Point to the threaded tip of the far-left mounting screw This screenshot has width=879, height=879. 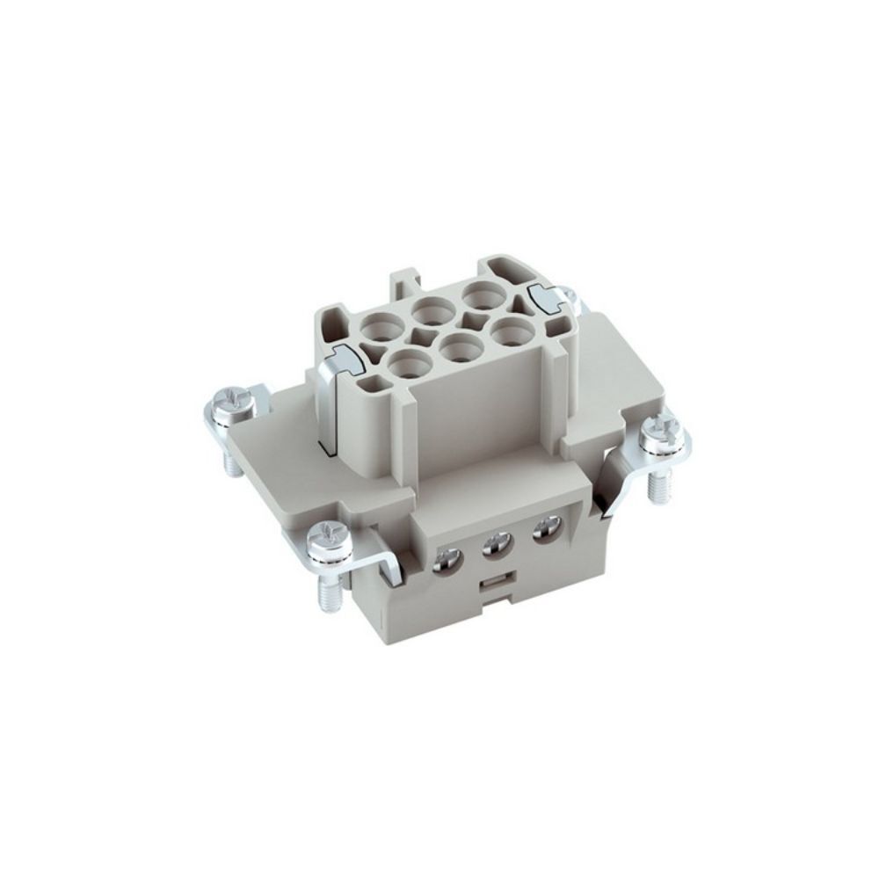[232, 462]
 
